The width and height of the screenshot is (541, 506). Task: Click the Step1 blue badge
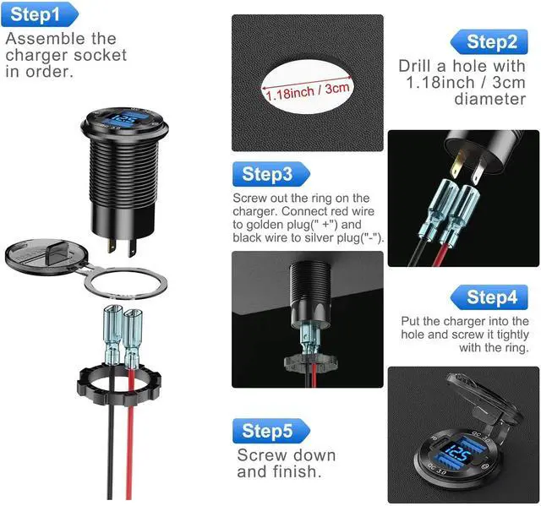40,14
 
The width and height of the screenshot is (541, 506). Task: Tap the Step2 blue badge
489,41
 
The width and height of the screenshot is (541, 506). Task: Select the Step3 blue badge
271,174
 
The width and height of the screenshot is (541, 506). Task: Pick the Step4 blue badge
489,297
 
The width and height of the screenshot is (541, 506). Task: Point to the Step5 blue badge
271,431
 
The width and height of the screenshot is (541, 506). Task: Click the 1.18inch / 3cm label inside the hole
308,91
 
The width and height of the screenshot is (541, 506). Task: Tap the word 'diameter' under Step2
490,99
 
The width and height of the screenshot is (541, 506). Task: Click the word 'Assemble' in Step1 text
41,38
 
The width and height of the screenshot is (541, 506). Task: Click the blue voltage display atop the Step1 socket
123,120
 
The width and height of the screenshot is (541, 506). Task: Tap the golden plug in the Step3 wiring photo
457,165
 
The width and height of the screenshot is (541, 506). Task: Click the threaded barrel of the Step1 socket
123,172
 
